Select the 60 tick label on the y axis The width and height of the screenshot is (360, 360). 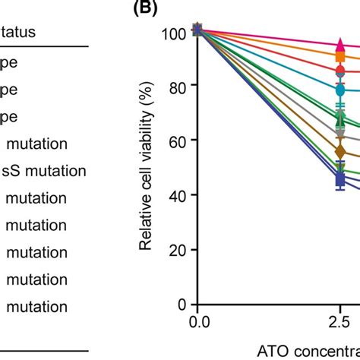point(179,141)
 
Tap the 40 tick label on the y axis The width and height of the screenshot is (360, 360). point(179,195)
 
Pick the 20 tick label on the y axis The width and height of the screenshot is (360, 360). point(179,250)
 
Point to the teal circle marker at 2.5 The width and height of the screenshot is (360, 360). point(340,90)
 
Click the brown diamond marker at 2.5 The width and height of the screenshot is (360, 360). point(340,152)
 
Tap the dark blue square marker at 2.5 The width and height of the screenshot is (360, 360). point(340,180)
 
